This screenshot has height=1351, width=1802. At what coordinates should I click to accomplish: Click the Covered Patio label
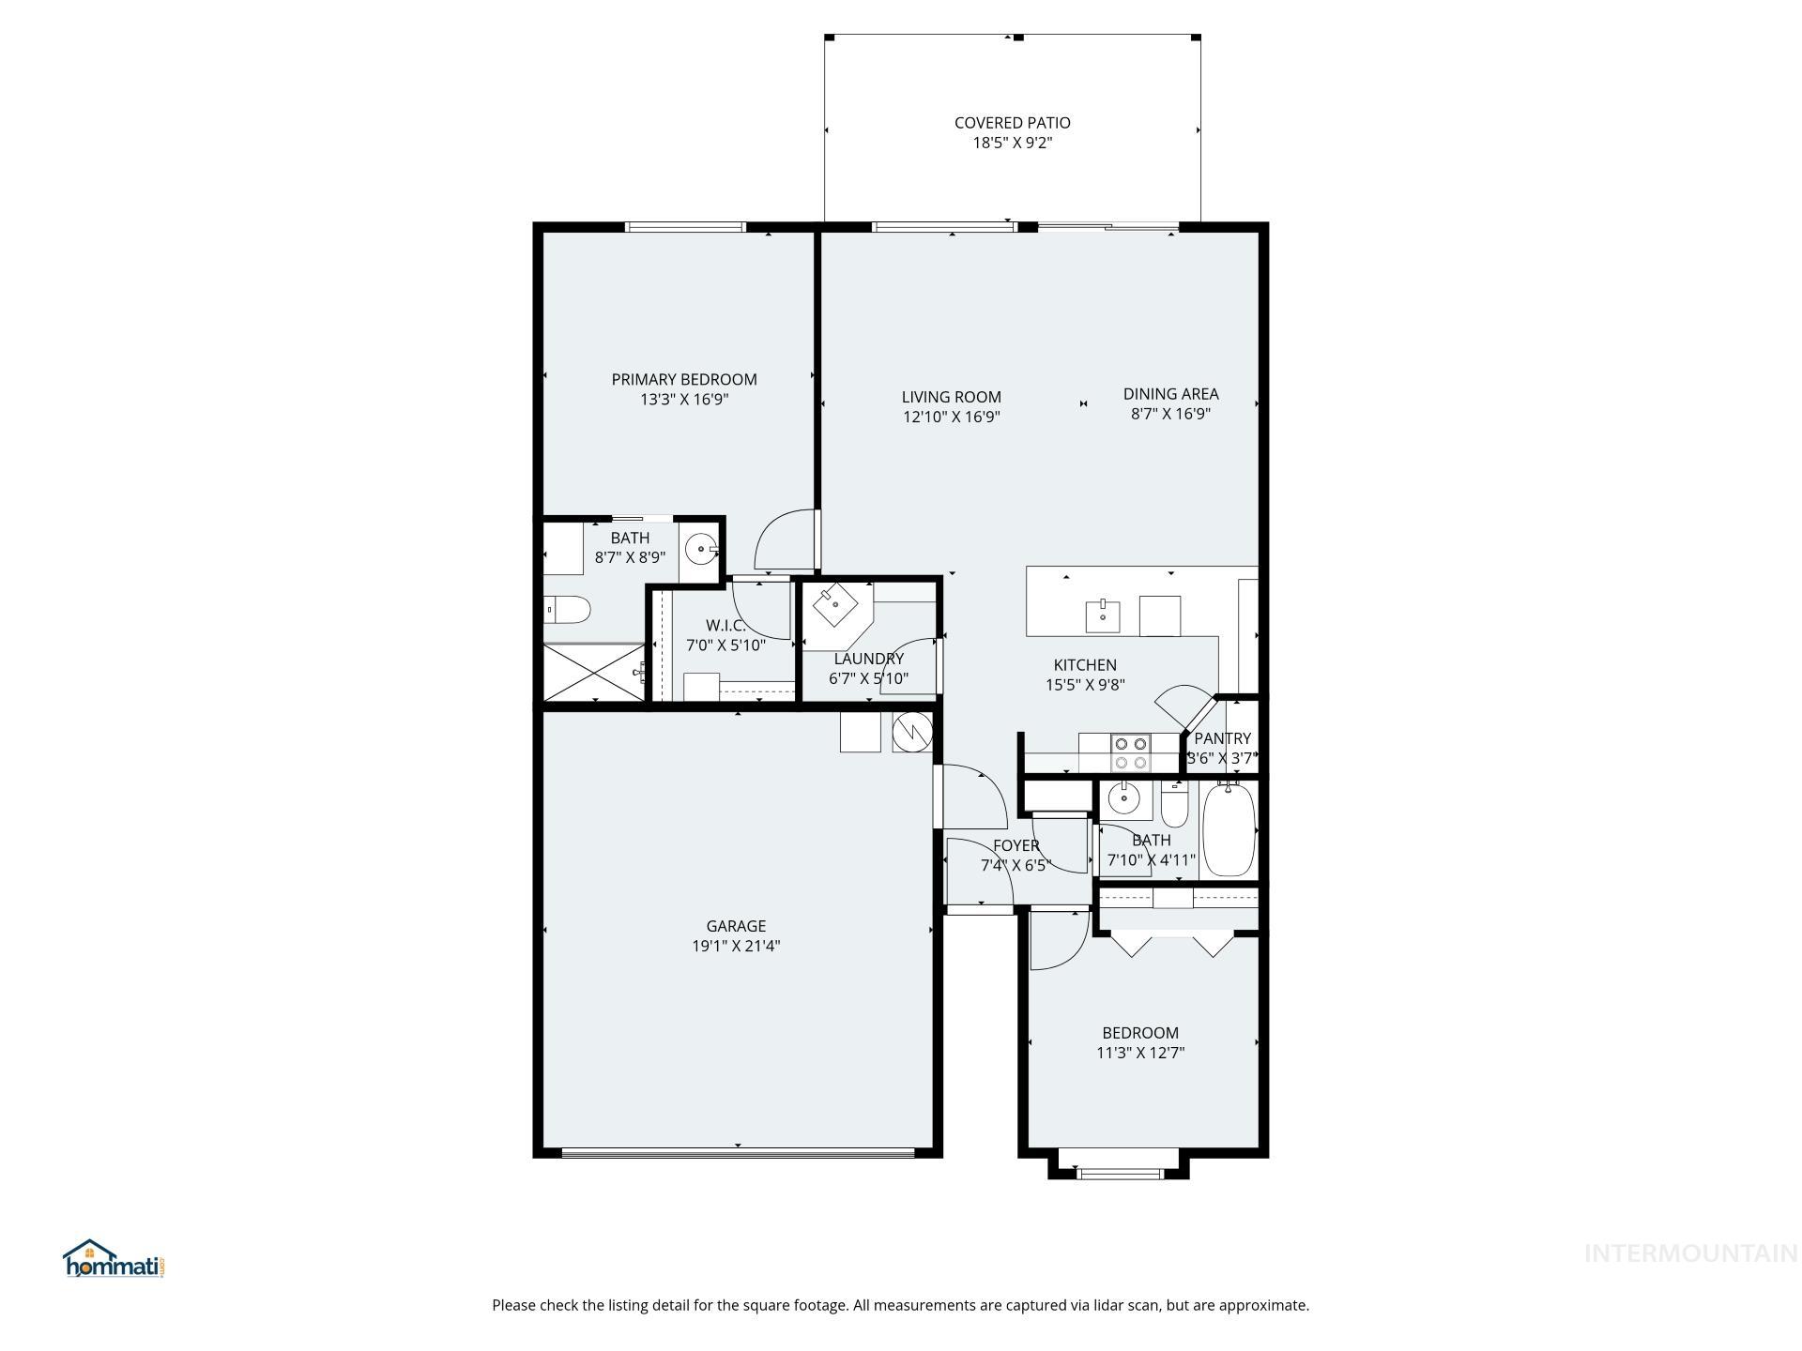point(1012,123)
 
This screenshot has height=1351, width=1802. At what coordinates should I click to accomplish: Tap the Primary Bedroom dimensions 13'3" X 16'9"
point(684,400)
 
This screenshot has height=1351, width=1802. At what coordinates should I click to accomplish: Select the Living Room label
point(951,397)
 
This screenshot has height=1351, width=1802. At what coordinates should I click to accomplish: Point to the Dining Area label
point(1170,394)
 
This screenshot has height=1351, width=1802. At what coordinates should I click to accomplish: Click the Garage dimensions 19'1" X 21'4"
point(736,947)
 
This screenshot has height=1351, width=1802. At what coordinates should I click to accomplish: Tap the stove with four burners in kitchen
point(1130,752)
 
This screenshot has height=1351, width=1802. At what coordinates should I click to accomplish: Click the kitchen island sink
point(1102,616)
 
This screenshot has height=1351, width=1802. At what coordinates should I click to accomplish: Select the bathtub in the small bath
point(1229,830)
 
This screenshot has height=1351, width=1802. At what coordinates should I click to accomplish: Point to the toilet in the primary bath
point(568,611)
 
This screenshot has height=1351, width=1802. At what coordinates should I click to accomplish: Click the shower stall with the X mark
point(594,671)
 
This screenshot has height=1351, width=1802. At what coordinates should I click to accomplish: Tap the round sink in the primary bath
point(700,550)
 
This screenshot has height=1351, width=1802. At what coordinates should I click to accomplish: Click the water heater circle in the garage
point(910,733)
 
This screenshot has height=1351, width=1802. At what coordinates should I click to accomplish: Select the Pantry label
point(1222,738)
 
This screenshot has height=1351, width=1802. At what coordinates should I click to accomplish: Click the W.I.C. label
point(725,626)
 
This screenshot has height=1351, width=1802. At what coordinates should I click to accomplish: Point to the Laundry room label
point(868,659)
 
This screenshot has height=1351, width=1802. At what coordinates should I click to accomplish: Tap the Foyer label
point(1016,846)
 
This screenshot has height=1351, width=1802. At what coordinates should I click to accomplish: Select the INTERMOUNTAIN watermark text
point(1689,1253)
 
